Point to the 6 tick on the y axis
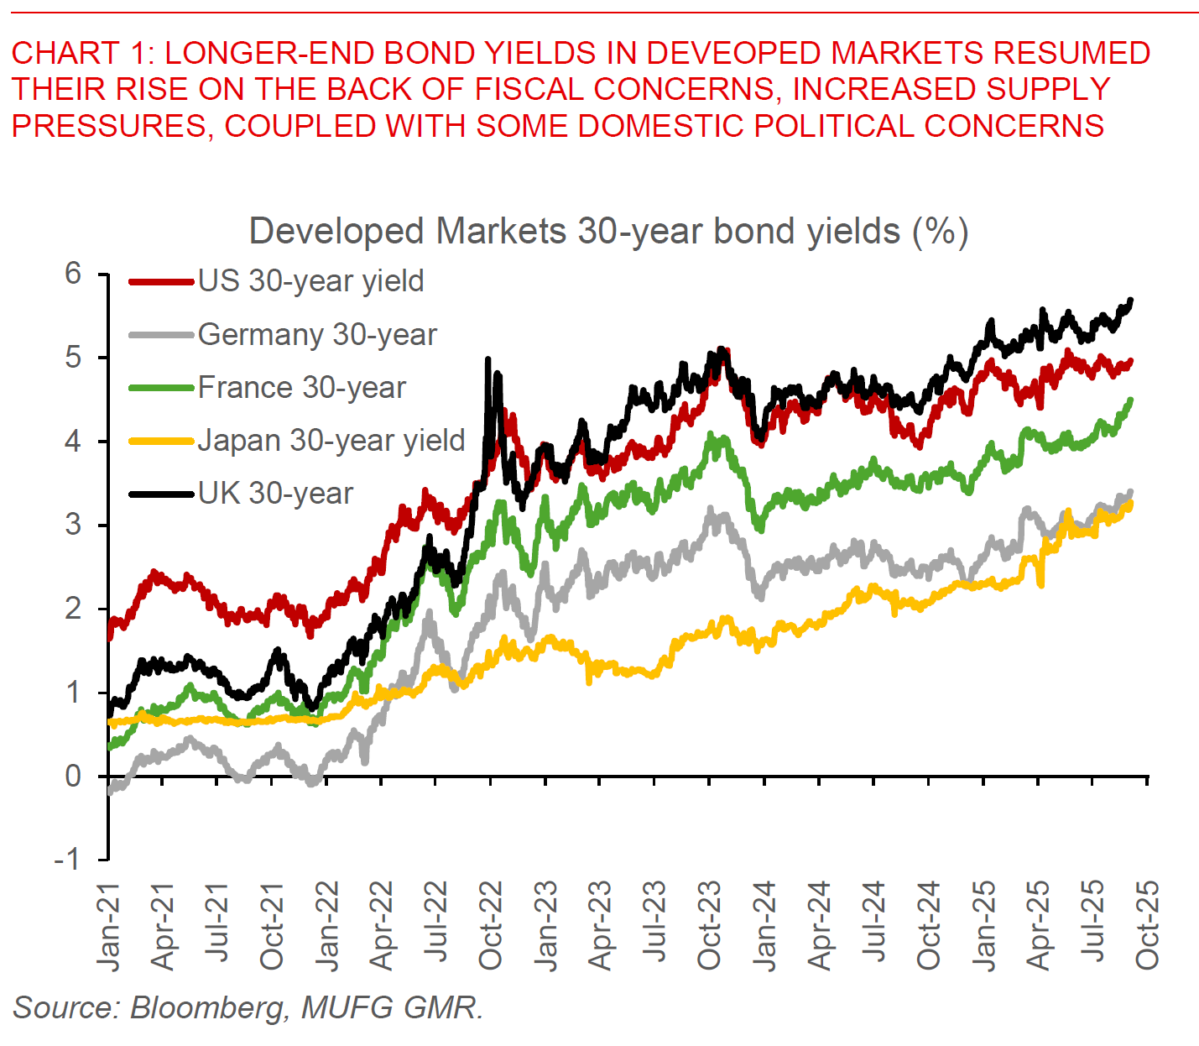[74, 274]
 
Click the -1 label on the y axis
[67, 859]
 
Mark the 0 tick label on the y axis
[74, 776]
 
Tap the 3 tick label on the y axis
[74, 525]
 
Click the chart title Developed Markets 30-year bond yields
[608, 231]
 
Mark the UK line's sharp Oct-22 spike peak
[487, 359]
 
